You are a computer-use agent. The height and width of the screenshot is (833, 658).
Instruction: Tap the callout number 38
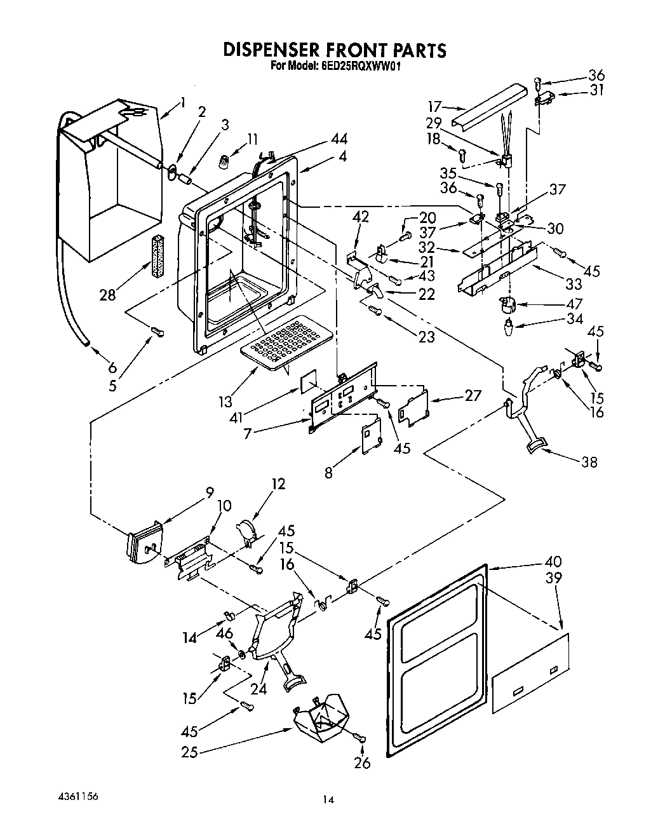pos(589,462)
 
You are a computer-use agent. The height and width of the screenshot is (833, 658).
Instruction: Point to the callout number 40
pos(553,561)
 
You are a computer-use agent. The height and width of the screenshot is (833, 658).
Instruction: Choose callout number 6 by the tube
pos(112,367)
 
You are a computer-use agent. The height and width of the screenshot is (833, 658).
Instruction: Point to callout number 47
pos(574,304)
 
